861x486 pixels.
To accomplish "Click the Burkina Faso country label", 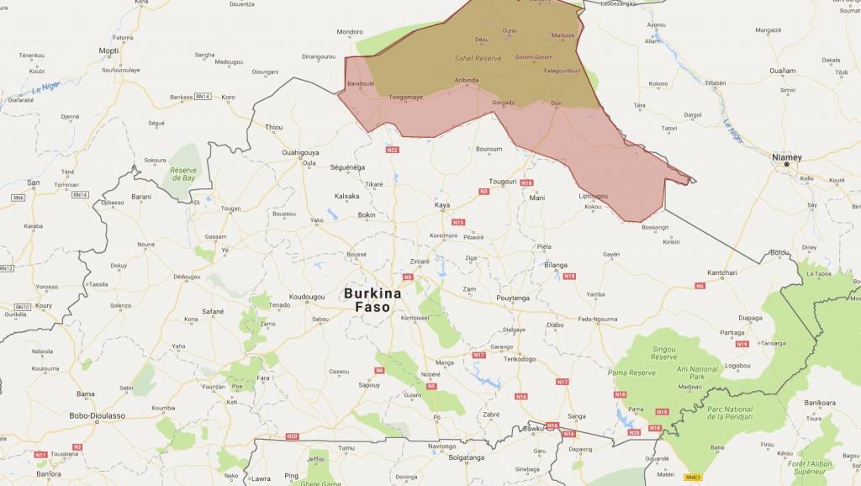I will pyautogui.click(x=372, y=301).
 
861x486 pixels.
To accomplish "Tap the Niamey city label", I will pyautogui.click(x=787, y=156).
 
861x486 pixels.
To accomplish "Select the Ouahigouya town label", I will pyautogui.click(x=302, y=152).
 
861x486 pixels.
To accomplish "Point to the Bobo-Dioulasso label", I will pyautogui.click(x=98, y=415).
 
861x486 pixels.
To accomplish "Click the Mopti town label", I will pyautogui.click(x=108, y=50).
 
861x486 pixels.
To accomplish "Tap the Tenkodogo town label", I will pyautogui.click(x=520, y=359).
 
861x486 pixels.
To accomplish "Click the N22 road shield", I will pyautogui.click(x=392, y=150).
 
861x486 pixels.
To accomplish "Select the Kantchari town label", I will pyautogui.click(x=721, y=272).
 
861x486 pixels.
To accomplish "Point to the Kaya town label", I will pyautogui.click(x=442, y=204).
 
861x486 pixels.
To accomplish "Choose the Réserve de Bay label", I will pyautogui.click(x=183, y=175).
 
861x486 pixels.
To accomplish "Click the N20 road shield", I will pyautogui.click(x=292, y=436).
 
